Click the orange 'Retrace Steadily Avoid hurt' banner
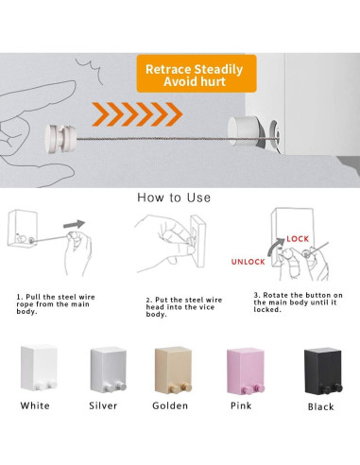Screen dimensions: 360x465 (197, 74)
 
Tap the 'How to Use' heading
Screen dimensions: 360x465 (174, 198)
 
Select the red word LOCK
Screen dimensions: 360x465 (298, 239)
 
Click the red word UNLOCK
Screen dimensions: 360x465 (248, 262)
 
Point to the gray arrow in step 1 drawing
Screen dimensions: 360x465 (74, 224)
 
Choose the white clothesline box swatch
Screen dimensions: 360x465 (39, 368)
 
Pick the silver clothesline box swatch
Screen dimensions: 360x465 (109, 370)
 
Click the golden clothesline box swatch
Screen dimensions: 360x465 (173, 370)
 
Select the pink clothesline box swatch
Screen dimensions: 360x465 (246, 371)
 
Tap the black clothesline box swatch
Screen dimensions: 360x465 (323, 370)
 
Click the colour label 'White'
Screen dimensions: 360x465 (35, 405)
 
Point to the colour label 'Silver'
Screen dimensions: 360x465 (103, 405)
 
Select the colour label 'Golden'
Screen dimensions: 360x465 (170, 405)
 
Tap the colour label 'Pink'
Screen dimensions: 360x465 (241, 405)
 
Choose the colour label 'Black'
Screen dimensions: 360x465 (321, 406)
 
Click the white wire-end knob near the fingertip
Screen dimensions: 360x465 (60, 139)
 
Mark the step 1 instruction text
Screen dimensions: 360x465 (56, 304)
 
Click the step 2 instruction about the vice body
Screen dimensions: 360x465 (184, 307)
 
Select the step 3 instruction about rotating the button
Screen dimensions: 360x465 (298, 302)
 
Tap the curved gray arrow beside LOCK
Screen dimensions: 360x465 (273, 246)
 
